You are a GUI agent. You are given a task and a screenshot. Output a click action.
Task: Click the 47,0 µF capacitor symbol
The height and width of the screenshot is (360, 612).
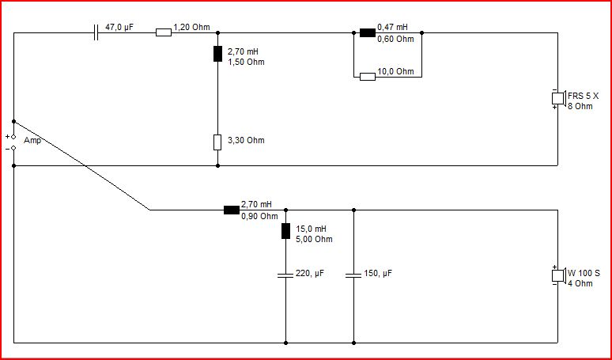click(96, 32)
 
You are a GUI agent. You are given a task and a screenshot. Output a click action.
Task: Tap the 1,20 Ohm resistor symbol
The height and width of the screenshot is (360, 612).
click(164, 32)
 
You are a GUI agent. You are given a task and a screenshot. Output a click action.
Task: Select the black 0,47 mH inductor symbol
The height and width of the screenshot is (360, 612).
click(367, 32)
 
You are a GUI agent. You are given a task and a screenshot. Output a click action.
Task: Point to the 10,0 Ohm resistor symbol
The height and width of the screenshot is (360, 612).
click(367, 77)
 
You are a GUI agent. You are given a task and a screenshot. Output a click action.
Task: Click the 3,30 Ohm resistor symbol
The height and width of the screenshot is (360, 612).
click(217, 142)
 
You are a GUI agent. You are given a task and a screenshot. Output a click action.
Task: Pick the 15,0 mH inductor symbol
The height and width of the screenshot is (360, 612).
click(285, 231)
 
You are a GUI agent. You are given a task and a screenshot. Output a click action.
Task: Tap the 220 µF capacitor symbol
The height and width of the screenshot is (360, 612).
click(285, 275)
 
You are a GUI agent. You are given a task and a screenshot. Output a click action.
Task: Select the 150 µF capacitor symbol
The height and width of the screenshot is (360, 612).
click(353, 275)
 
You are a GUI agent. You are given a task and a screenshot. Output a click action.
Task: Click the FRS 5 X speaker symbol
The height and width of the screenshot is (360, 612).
click(558, 98)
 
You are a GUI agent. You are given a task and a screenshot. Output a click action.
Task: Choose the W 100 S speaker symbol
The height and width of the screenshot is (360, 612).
click(558, 275)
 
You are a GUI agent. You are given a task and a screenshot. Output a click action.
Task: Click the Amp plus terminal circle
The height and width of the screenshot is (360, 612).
click(13, 137)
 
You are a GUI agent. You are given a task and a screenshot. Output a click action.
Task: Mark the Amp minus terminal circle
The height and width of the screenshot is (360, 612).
click(13, 148)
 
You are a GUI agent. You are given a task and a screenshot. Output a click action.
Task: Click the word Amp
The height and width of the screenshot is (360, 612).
click(32, 141)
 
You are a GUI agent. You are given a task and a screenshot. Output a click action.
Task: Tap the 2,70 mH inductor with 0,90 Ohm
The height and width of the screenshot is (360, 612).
click(232, 210)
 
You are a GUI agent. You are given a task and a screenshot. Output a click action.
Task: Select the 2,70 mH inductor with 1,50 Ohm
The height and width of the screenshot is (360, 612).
click(217, 54)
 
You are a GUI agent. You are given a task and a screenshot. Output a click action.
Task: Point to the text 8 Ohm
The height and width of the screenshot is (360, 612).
click(580, 106)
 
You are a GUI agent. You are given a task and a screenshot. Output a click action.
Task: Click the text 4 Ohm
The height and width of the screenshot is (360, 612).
click(580, 283)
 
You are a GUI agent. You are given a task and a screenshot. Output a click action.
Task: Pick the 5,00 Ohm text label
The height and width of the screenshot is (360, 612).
click(314, 239)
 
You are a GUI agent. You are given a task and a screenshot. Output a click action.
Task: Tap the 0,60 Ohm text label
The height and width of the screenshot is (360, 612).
click(395, 39)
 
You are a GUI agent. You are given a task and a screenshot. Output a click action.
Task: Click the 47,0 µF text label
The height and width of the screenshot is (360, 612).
click(119, 28)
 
